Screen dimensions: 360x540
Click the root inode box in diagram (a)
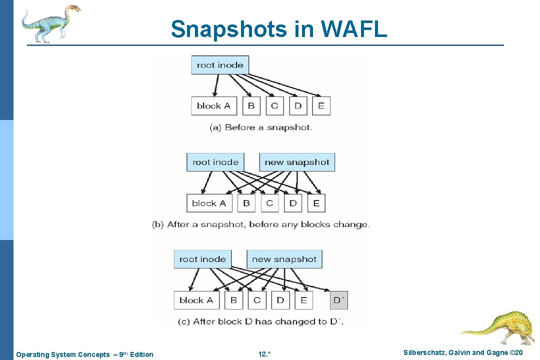[x=220, y=65]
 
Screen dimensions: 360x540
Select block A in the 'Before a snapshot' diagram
[x=213, y=105]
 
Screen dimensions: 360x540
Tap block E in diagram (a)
[x=321, y=105]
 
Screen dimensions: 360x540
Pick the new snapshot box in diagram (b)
[x=297, y=162]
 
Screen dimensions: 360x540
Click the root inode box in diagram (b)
[x=215, y=162]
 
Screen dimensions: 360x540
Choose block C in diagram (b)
[x=269, y=203]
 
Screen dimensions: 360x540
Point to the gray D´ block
[x=339, y=300]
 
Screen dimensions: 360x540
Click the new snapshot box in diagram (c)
[x=284, y=259]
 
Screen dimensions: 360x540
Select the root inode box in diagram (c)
[x=202, y=259]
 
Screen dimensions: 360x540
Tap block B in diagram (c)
[x=233, y=300]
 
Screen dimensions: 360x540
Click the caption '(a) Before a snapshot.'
[x=260, y=127]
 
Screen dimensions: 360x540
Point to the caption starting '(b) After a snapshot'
[x=260, y=224]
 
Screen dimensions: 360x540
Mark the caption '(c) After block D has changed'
[x=260, y=321]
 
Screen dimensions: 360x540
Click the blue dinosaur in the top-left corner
[x=50, y=22]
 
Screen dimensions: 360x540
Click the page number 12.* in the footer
[x=264, y=354]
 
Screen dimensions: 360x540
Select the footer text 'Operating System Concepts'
[x=62, y=354]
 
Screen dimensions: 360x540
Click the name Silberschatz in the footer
[x=423, y=353]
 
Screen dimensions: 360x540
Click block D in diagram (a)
[x=298, y=105]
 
